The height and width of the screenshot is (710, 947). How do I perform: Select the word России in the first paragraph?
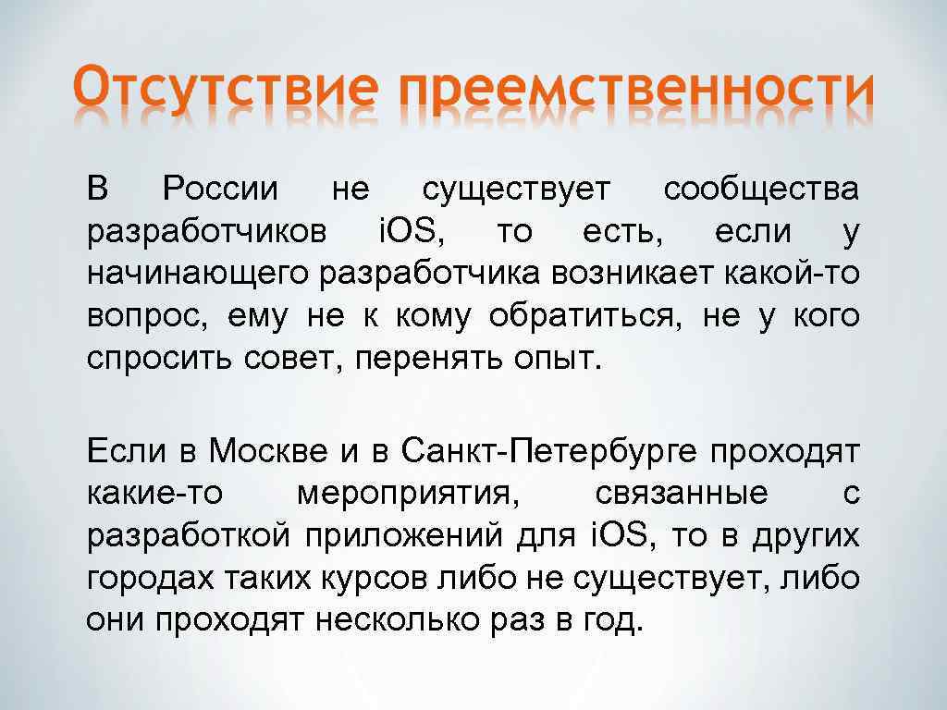219,190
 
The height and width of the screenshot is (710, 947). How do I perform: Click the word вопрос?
141,315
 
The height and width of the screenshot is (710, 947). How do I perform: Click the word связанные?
682,494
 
